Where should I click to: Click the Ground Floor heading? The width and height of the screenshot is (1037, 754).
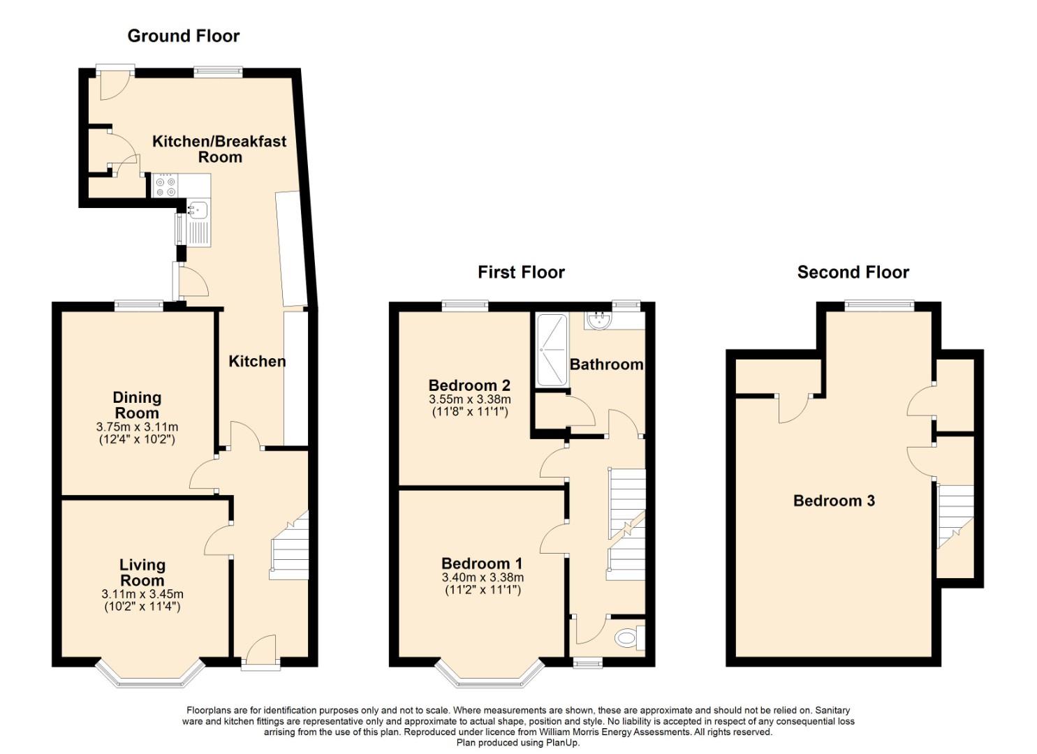click(x=184, y=36)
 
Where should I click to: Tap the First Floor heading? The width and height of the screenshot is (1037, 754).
click(x=521, y=272)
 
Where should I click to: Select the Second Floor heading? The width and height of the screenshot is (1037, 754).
click(x=853, y=272)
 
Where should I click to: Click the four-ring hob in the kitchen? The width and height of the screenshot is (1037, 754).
click(x=166, y=186)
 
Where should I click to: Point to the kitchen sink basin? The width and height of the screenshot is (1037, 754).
click(x=199, y=209)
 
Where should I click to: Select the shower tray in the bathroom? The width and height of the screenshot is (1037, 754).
click(x=552, y=350)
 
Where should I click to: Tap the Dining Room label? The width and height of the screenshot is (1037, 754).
click(x=137, y=405)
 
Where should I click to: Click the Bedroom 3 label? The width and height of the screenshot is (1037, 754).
click(x=834, y=501)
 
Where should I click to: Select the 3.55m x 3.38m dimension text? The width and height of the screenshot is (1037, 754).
click(x=470, y=399)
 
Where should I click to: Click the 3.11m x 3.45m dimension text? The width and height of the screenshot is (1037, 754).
click(x=142, y=594)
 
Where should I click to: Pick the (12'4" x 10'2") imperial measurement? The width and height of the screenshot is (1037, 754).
click(x=137, y=439)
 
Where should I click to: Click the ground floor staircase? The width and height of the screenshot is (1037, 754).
click(x=289, y=545)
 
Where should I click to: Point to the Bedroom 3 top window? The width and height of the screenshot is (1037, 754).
click(x=878, y=305)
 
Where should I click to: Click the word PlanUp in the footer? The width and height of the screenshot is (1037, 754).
click(x=564, y=743)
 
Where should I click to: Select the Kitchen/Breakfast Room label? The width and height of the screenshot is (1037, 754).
click(x=219, y=149)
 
